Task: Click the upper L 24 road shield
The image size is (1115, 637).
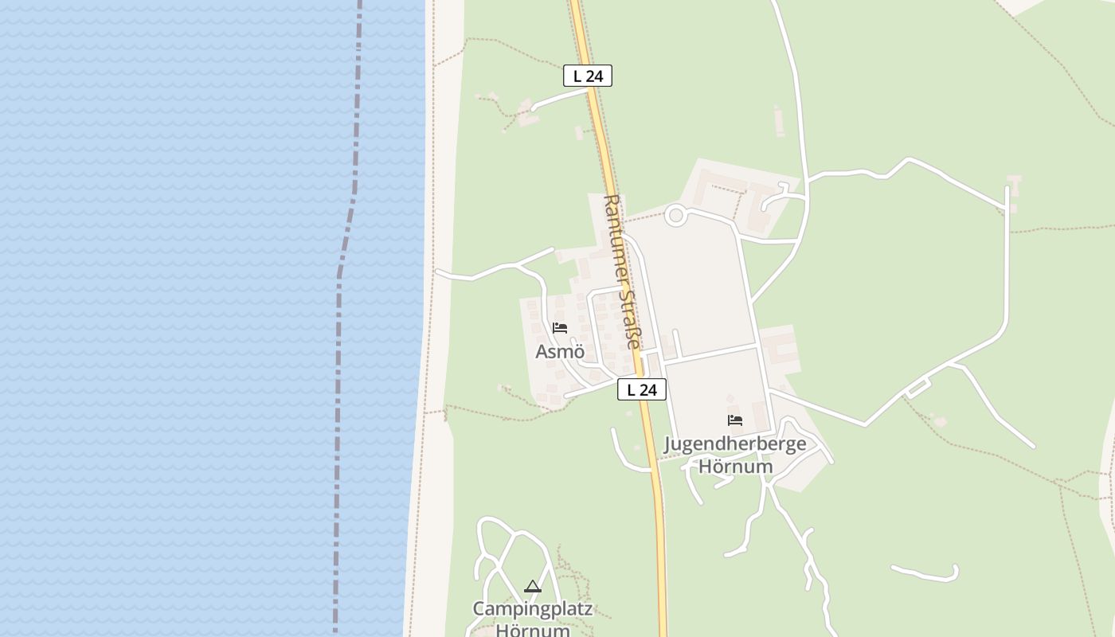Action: (588, 76)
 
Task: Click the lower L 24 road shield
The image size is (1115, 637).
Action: (642, 389)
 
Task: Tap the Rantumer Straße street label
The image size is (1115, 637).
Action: (621, 272)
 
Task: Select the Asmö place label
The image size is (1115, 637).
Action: (560, 351)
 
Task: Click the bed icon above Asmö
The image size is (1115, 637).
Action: (560, 328)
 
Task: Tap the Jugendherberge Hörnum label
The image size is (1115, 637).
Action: (735, 455)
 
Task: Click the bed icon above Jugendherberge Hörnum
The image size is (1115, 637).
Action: (735, 420)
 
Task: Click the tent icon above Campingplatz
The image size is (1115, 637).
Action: (533, 587)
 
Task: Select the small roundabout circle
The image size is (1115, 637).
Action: (676, 215)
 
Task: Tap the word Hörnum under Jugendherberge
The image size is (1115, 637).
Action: (735, 466)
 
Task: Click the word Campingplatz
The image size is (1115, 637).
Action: (533, 609)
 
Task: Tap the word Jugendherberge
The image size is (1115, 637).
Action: (735, 444)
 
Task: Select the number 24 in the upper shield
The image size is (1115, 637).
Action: (595, 76)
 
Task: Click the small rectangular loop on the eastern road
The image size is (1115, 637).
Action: (917, 388)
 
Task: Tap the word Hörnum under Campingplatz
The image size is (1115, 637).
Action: (533, 630)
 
